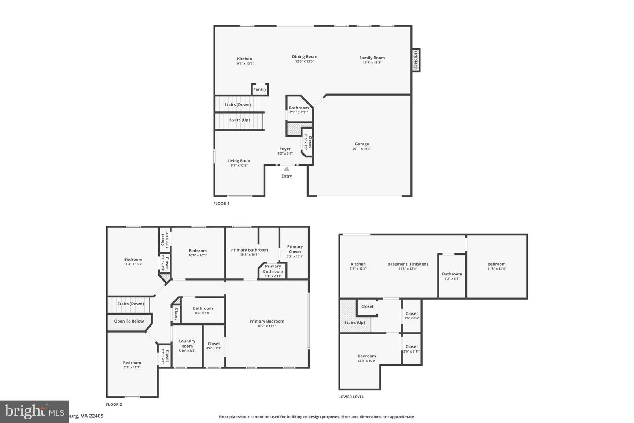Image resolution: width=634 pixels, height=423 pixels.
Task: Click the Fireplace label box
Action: tap(415, 59)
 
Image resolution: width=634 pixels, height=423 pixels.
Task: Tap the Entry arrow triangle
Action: tap(287, 169)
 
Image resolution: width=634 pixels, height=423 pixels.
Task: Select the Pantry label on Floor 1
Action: tap(260, 89)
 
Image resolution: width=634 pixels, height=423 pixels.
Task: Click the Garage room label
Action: tap(362, 144)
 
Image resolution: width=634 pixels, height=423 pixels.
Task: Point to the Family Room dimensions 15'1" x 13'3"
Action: tap(372, 63)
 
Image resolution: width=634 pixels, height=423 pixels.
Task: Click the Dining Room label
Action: tap(304, 56)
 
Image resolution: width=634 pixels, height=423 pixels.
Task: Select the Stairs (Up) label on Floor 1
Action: tap(239, 120)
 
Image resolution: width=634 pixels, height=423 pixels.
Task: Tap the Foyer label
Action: tap(285, 149)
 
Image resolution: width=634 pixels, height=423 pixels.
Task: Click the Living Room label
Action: tap(239, 161)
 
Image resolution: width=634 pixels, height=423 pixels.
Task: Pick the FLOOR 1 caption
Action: tap(221, 204)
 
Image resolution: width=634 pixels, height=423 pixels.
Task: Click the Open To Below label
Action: tap(129, 321)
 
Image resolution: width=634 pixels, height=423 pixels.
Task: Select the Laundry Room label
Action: tap(187, 343)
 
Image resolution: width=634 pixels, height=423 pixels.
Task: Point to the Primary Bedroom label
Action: tap(267, 321)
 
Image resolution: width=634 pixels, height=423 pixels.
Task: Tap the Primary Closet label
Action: tap(295, 249)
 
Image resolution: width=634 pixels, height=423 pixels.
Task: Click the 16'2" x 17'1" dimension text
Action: tap(267, 326)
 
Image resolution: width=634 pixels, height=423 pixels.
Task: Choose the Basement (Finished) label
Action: tap(407, 264)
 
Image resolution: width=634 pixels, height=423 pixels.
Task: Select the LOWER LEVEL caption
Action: tap(351, 397)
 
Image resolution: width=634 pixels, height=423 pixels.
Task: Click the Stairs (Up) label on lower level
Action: tap(354, 323)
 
